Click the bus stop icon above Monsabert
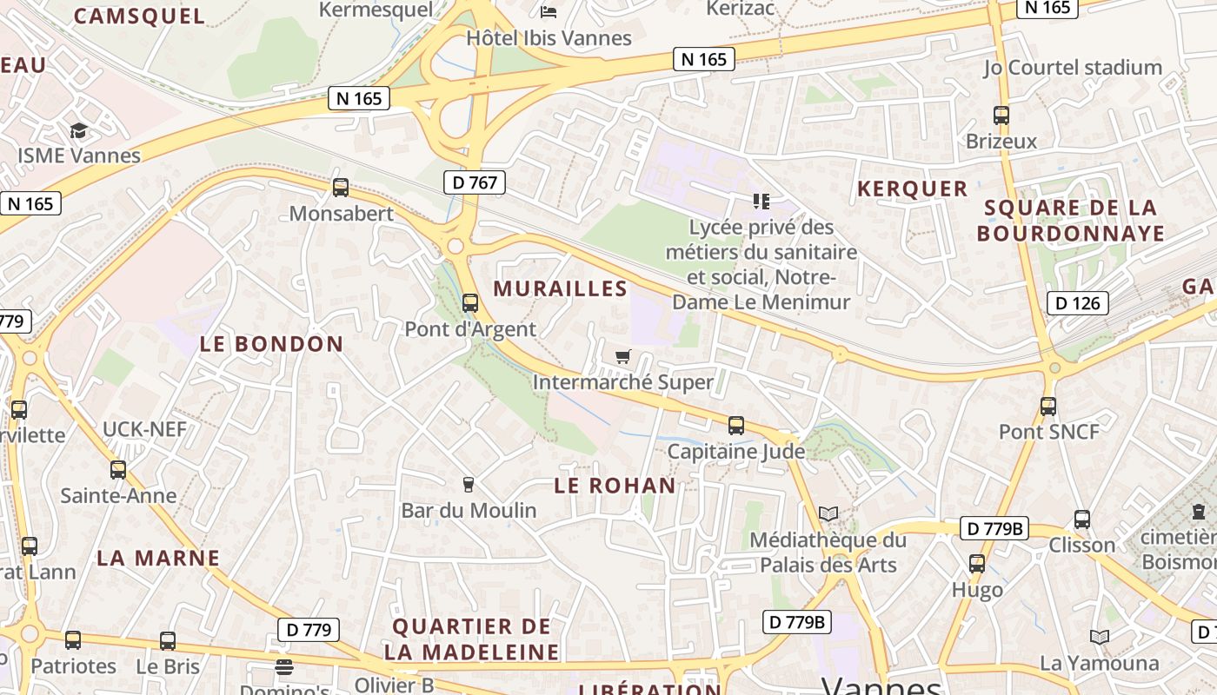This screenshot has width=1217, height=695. click(x=341, y=187)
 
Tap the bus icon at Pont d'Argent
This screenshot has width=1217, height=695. click(x=470, y=303)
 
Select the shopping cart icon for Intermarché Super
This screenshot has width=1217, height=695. click(x=622, y=356)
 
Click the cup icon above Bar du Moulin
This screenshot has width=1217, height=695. click(x=469, y=484)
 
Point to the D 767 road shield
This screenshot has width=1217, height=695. click(x=474, y=182)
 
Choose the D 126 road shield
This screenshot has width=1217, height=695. click(x=1078, y=303)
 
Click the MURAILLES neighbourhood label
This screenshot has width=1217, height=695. click(x=561, y=288)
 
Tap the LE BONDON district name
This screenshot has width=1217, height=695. click(x=272, y=344)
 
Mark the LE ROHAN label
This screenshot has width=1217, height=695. click(x=615, y=486)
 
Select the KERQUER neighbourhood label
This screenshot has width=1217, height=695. click(x=912, y=189)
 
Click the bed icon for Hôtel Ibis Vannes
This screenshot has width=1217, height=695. click(x=549, y=11)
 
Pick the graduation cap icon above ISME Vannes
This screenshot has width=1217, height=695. click(x=79, y=130)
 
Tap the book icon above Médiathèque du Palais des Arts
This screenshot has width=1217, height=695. click(x=828, y=513)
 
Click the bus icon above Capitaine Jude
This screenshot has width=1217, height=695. click(x=736, y=426)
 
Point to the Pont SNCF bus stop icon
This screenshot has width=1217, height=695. click(x=1048, y=406)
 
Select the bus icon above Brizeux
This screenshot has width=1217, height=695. click(x=1001, y=115)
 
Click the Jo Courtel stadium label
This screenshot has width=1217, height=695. click(x=1073, y=67)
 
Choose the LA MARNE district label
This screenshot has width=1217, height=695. click(x=158, y=558)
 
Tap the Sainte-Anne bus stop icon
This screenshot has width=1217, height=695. click(x=118, y=470)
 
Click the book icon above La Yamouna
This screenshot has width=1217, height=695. click(x=1100, y=638)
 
